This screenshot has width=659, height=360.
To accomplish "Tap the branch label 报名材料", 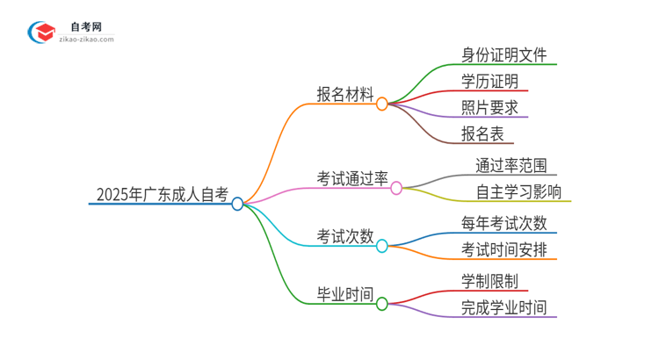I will point(345,94).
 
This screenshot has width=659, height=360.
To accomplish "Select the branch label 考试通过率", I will point(352,178).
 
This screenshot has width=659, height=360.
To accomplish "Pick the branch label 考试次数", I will point(345,237).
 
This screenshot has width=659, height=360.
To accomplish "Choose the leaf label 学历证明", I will point(489,82).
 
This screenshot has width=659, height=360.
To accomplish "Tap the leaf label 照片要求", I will point(489,108).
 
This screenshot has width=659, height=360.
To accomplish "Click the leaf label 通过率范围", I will point(511,165).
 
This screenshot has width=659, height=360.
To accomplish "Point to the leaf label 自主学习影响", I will point(518,191).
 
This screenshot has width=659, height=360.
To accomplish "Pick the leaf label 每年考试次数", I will point(503,223).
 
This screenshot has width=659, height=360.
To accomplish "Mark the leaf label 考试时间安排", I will point(503,249).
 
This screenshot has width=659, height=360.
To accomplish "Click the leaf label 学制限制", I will point(489,282).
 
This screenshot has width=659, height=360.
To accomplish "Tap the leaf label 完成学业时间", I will point(503,307).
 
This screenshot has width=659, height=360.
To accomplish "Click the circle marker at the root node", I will point(237,204).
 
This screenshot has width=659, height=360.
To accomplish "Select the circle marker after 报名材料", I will point(381,104).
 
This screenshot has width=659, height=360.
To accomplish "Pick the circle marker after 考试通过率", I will point(396,188).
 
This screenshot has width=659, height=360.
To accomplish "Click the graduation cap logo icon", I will point(41,32).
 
